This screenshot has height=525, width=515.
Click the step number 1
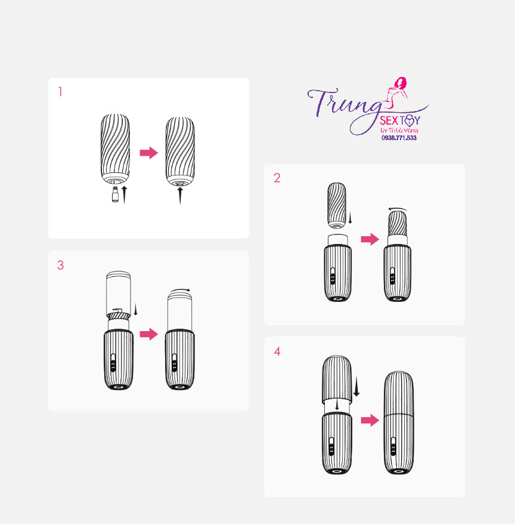coord(60,92)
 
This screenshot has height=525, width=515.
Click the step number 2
coord(277,178)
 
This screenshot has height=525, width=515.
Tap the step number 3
coord(60,265)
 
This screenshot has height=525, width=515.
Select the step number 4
coord(277,351)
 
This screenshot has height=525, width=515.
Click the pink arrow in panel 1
coord(148,153)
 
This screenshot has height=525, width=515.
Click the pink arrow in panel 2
coord(370,239)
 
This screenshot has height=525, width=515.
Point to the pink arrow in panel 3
coord(148,334)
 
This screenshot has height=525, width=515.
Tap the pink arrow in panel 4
coord(370,420)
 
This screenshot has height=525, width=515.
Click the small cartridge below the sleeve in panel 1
coord(115,194)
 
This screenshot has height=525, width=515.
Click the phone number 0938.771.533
coord(399,138)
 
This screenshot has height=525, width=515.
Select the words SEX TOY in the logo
coord(400,120)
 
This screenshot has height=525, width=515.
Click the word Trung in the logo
coord(345,104)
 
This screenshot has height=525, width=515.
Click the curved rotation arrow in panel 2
coord(397,209)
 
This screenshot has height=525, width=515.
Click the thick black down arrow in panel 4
coord(356,386)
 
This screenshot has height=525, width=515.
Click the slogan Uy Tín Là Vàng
coord(399,130)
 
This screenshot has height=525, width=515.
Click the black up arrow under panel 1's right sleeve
coord(180,196)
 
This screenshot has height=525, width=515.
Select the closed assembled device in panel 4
coord(399,422)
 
